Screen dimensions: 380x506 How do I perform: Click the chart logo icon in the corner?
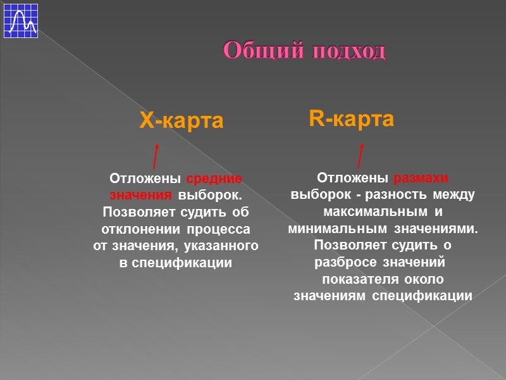coord(20,20)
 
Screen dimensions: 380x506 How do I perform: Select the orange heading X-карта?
coord(182,121)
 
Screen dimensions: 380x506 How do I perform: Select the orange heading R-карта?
coord(351,118)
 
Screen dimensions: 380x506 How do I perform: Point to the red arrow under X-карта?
coord(155,156)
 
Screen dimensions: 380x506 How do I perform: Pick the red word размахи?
coord(421,177)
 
